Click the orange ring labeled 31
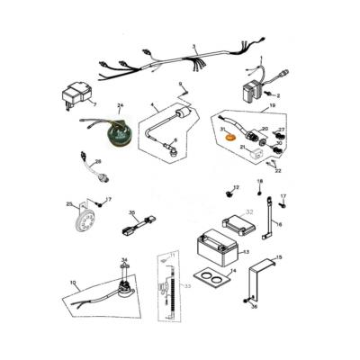pos(229,139)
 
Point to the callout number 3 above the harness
pos(194,46)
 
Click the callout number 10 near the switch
pos(73,283)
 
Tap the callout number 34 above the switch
pos(125,259)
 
